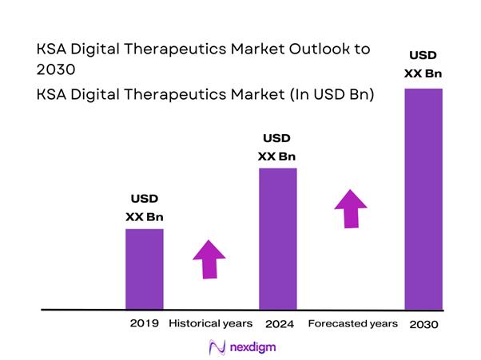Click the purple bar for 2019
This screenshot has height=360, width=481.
[x=145, y=268]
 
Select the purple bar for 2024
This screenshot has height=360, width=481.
[x=277, y=238]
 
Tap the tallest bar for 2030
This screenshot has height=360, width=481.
[x=423, y=197]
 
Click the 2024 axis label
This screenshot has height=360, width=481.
[x=278, y=324]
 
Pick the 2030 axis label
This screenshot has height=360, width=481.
[x=423, y=325]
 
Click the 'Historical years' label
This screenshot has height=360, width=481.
[x=211, y=323]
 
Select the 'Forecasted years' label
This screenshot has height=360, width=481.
[x=352, y=323]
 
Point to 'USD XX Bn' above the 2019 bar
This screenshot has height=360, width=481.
[x=145, y=207]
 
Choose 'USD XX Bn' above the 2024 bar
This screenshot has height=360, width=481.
[x=278, y=147]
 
